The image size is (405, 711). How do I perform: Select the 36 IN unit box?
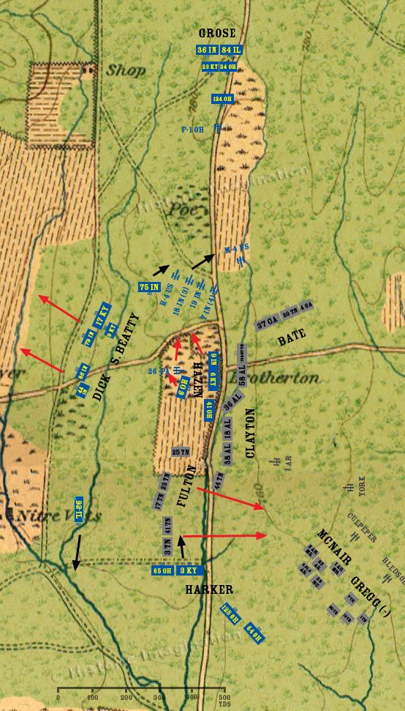[x=207, y=50]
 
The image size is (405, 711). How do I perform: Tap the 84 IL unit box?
[x=230, y=50]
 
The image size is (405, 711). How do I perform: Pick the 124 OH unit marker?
[x=222, y=99]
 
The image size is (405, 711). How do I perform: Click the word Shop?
[x=126, y=71]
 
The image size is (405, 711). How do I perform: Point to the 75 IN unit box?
[x=149, y=287]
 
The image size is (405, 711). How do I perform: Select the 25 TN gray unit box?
[x=181, y=452]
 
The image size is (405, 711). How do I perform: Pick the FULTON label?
[x=186, y=486]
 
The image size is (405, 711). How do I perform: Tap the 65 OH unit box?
[x=162, y=570]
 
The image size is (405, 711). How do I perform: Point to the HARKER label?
[x=208, y=589]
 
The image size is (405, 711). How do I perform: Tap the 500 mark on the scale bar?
[x=224, y=697]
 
